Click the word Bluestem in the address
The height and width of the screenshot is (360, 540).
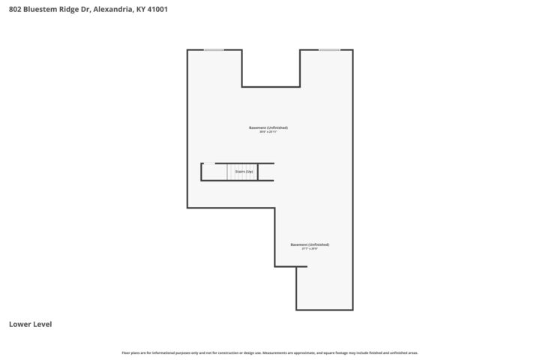point(37,10)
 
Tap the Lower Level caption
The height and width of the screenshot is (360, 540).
point(30,325)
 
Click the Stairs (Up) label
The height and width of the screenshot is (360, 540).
point(244,172)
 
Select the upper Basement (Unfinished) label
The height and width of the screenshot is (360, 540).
point(268,127)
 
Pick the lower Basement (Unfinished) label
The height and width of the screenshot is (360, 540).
point(310,244)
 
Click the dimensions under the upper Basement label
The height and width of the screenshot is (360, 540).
point(268,132)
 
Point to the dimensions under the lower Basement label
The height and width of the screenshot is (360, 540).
point(310,249)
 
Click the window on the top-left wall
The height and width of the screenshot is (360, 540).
point(214,50)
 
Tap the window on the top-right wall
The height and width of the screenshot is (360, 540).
point(328,50)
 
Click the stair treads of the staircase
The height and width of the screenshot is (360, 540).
point(238,172)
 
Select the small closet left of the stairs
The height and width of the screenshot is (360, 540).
point(208,172)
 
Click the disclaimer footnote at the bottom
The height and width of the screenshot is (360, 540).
point(270,352)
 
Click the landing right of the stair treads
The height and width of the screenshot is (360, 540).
point(265,172)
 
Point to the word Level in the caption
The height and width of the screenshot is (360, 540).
point(41,325)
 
